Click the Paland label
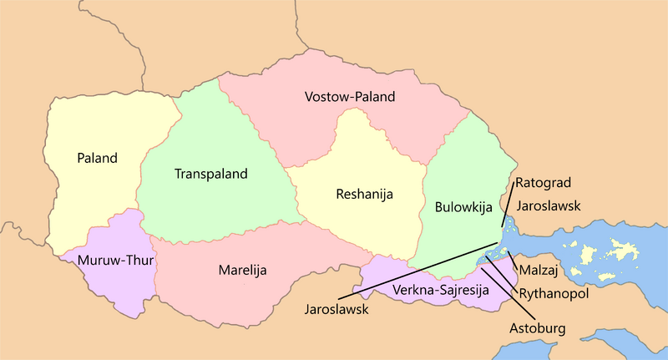pyautogui.click(x=97, y=158)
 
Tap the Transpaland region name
pyautogui.click(x=211, y=175)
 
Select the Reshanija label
pyautogui.click(x=364, y=195)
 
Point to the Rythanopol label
pyautogui.click(x=554, y=294)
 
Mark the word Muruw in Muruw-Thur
pyautogui.click(x=94, y=260)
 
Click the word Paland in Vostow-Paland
pyautogui.click(x=375, y=98)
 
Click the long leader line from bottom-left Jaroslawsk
pyautogui.click(x=417, y=273)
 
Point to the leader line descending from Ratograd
pyautogui.click(x=508, y=207)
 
